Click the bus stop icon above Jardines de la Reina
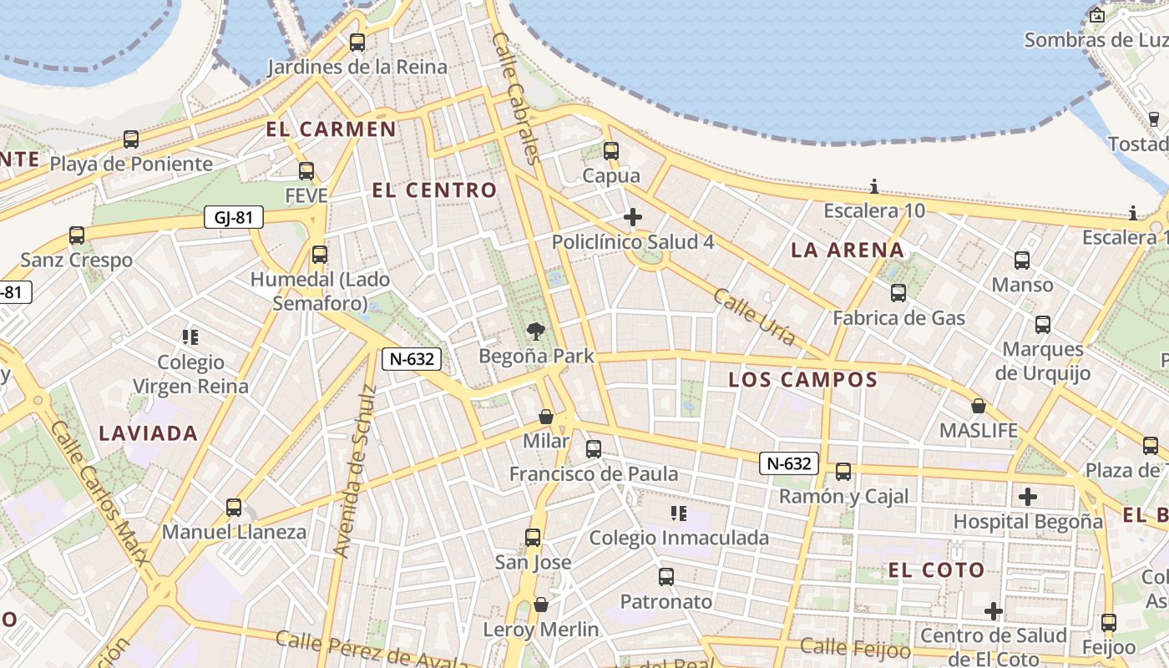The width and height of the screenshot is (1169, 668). [x=357, y=42]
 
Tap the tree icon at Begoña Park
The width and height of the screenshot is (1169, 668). [x=535, y=331]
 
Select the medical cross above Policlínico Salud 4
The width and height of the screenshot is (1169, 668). [x=633, y=218]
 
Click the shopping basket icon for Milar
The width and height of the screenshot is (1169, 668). [x=546, y=416]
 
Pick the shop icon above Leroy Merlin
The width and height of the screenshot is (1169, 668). [x=541, y=605]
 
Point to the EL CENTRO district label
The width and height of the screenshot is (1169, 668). [x=434, y=190]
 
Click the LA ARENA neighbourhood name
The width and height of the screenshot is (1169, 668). [x=847, y=250]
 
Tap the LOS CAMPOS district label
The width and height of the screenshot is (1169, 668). [x=802, y=380]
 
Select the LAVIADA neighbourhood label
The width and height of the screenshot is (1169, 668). [x=149, y=433]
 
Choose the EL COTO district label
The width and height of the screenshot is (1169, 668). [x=936, y=570]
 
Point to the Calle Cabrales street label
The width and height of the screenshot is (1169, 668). [x=517, y=98]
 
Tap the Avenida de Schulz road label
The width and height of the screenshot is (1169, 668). [x=354, y=471]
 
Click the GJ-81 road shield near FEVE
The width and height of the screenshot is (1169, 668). [x=234, y=218]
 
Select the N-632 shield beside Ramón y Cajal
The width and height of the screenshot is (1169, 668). [x=788, y=463]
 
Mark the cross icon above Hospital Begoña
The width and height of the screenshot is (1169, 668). [x=1028, y=497]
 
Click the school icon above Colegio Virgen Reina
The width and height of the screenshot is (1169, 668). [x=190, y=337]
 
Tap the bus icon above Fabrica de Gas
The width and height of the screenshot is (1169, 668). [x=898, y=293]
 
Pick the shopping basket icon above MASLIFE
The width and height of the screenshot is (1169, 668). [x=979, y=407]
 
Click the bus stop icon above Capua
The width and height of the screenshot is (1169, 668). [x=611, y=151]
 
